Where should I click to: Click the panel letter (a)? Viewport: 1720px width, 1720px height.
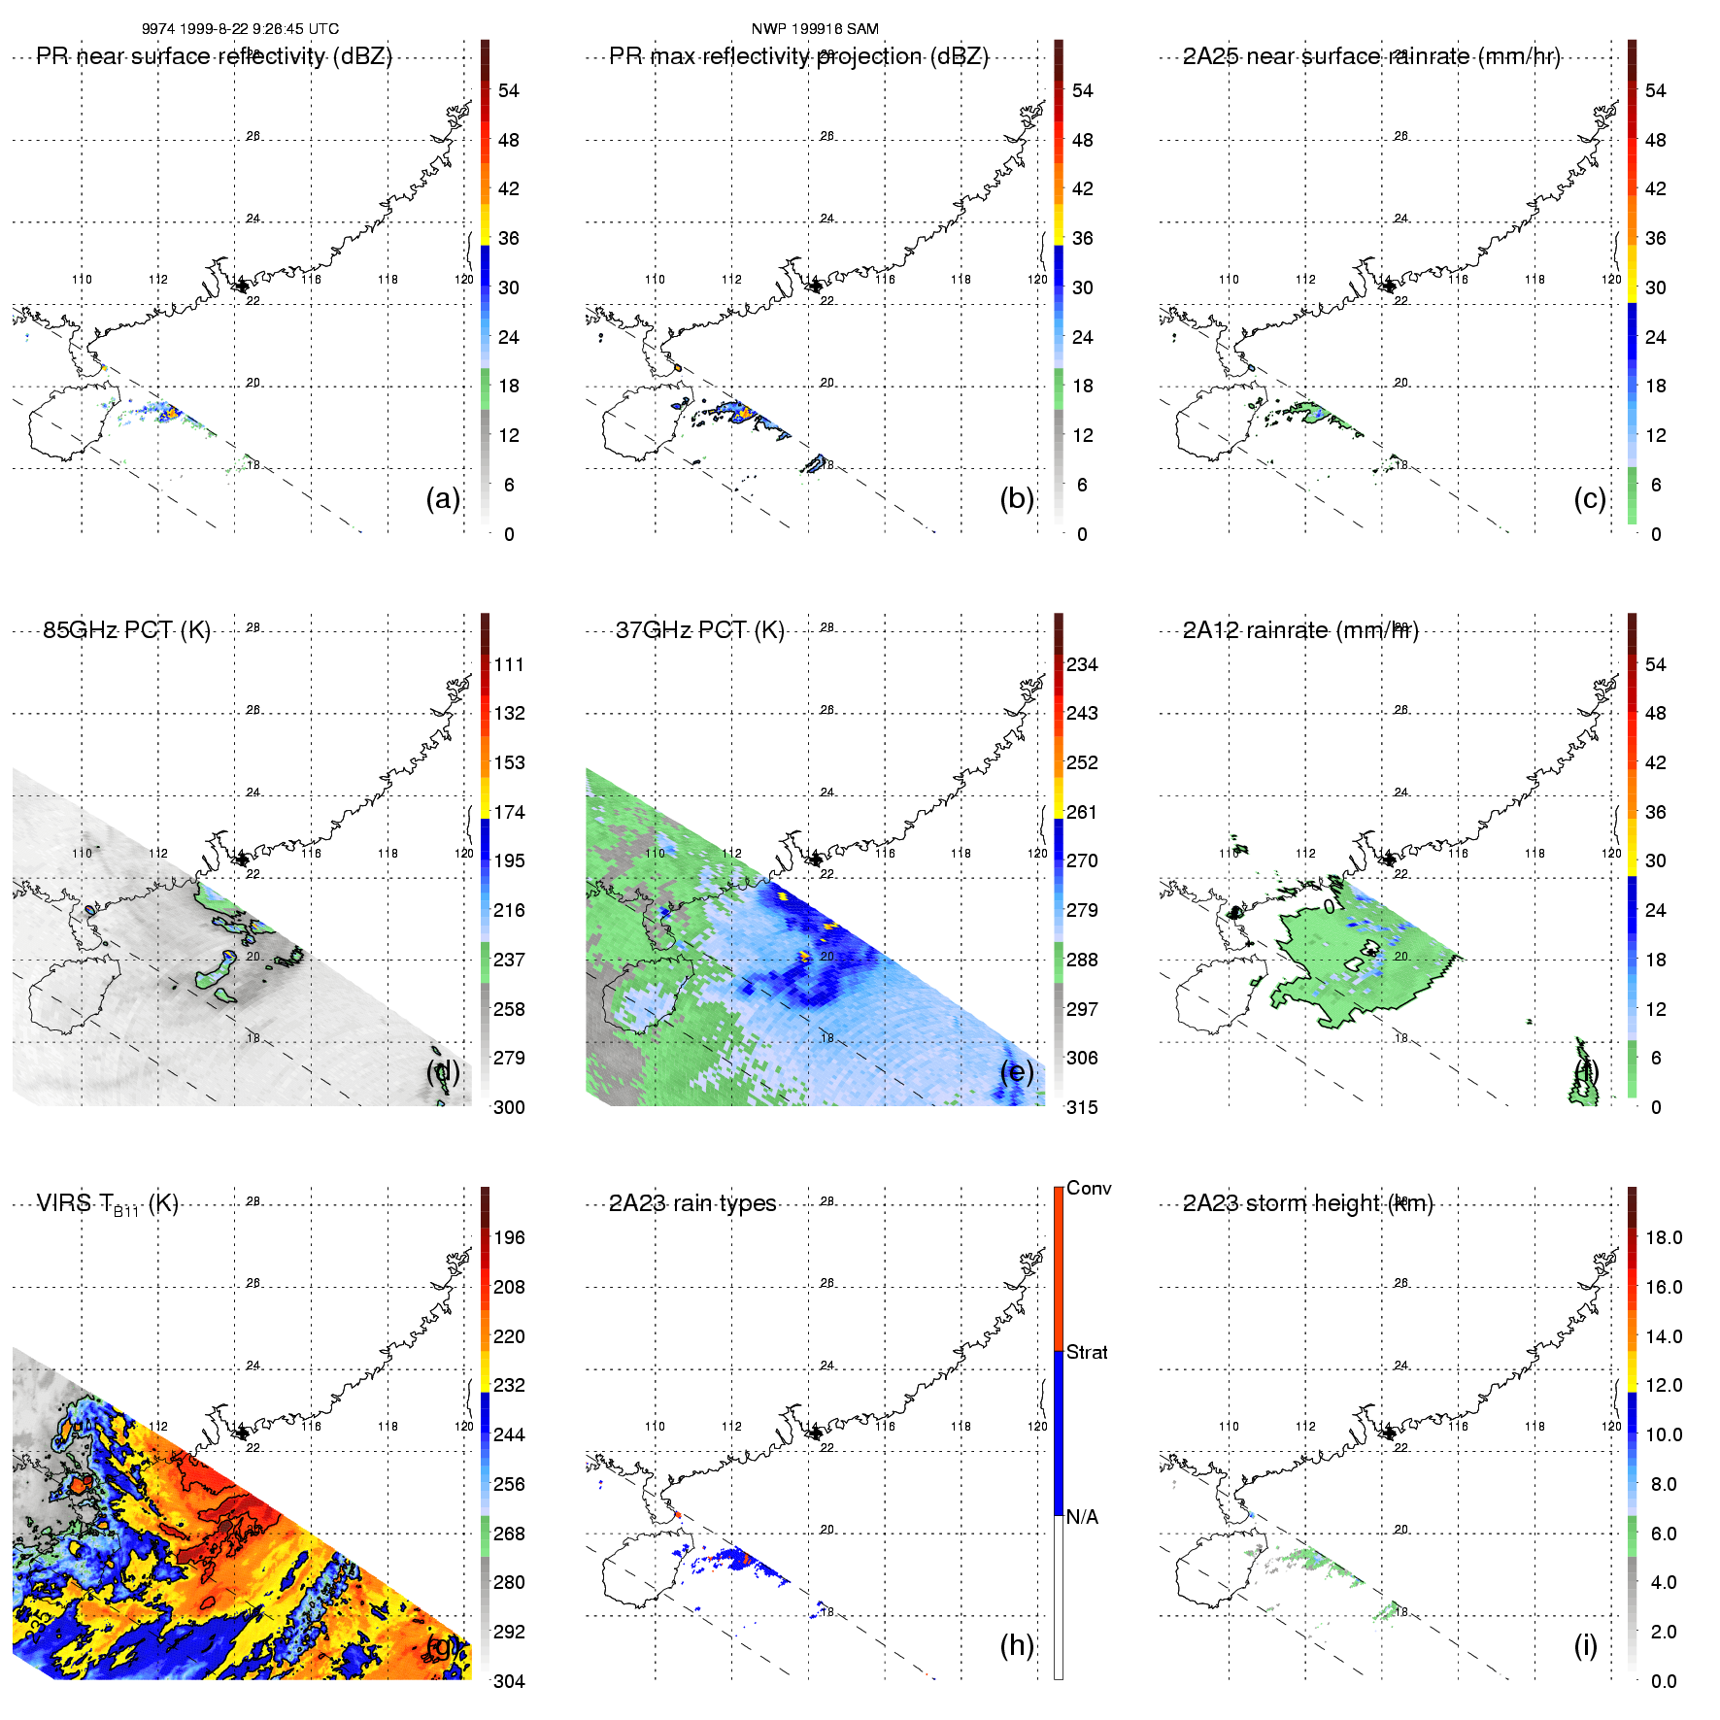(442, 499)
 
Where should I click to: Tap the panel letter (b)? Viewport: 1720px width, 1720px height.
(1016, 499)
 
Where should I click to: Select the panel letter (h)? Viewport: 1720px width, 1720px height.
(1016, 1645)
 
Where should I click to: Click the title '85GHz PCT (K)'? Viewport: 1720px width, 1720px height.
(126, 630)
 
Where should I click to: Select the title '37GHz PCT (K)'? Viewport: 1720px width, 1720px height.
(699, 630)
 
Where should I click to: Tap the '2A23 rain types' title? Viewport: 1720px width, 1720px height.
(692, 1203)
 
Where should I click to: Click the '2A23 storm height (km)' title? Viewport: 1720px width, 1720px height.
(1307, 1203)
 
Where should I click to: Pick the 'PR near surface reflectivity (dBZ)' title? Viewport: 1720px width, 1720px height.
(214, 56)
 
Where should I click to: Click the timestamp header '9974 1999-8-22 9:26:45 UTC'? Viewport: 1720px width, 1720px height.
(240, 29)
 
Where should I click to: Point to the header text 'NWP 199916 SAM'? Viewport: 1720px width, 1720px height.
(815, 29)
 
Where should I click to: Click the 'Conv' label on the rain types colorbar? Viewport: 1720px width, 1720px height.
(1089, 1188)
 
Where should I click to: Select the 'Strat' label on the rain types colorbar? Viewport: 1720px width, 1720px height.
(1087, 1352)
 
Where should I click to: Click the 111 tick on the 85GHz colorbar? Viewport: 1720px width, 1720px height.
(509, 665)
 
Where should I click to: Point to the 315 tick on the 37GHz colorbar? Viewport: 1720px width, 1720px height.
(1082, 1107)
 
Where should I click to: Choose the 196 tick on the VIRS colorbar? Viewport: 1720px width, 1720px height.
(509, 1238)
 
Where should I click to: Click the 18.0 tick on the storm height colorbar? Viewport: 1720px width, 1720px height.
(1664, 1238)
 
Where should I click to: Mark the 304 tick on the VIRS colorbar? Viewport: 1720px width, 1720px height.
(509, 1681)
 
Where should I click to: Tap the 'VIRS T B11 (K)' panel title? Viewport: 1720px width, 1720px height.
(107, 1204)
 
